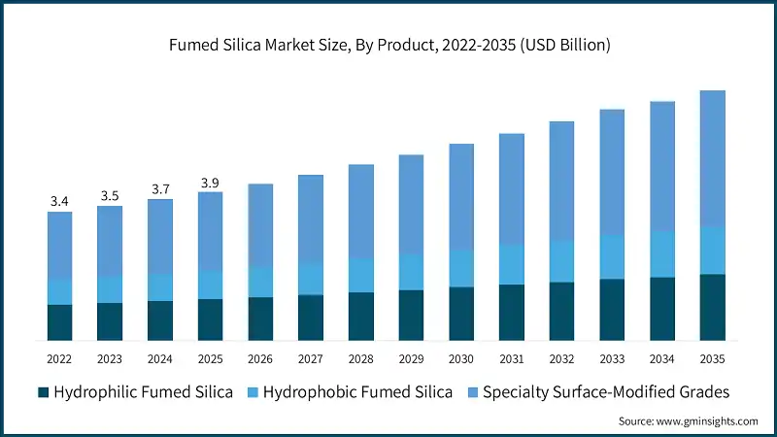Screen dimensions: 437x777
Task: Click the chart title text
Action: point(388,46)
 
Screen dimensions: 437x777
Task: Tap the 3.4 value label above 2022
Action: point(59,201)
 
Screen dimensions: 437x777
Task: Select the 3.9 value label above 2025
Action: point(210,183)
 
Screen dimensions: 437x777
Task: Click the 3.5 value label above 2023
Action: point(110,195)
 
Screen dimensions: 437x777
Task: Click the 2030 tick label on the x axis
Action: point(460,358)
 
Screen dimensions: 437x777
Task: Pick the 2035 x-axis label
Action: point(712,358)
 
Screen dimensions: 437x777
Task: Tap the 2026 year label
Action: point(260,358)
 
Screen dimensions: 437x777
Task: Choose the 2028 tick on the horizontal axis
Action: point(360,358)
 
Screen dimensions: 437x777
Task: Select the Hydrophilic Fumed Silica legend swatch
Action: point(43,392)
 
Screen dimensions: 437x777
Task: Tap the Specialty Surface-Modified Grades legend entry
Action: point(606,392)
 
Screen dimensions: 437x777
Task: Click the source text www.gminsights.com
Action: point(688,421)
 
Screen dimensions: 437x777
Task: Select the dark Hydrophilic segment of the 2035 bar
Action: point(713,307)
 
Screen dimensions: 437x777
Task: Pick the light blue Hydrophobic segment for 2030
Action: point(461,268)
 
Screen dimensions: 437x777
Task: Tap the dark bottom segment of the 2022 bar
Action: point(60,322)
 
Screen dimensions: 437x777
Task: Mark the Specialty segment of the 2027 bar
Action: point(311,218)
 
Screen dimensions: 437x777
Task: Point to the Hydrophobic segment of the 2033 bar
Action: point(612,256)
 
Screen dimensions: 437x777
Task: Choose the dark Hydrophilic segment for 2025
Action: point(211,319)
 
